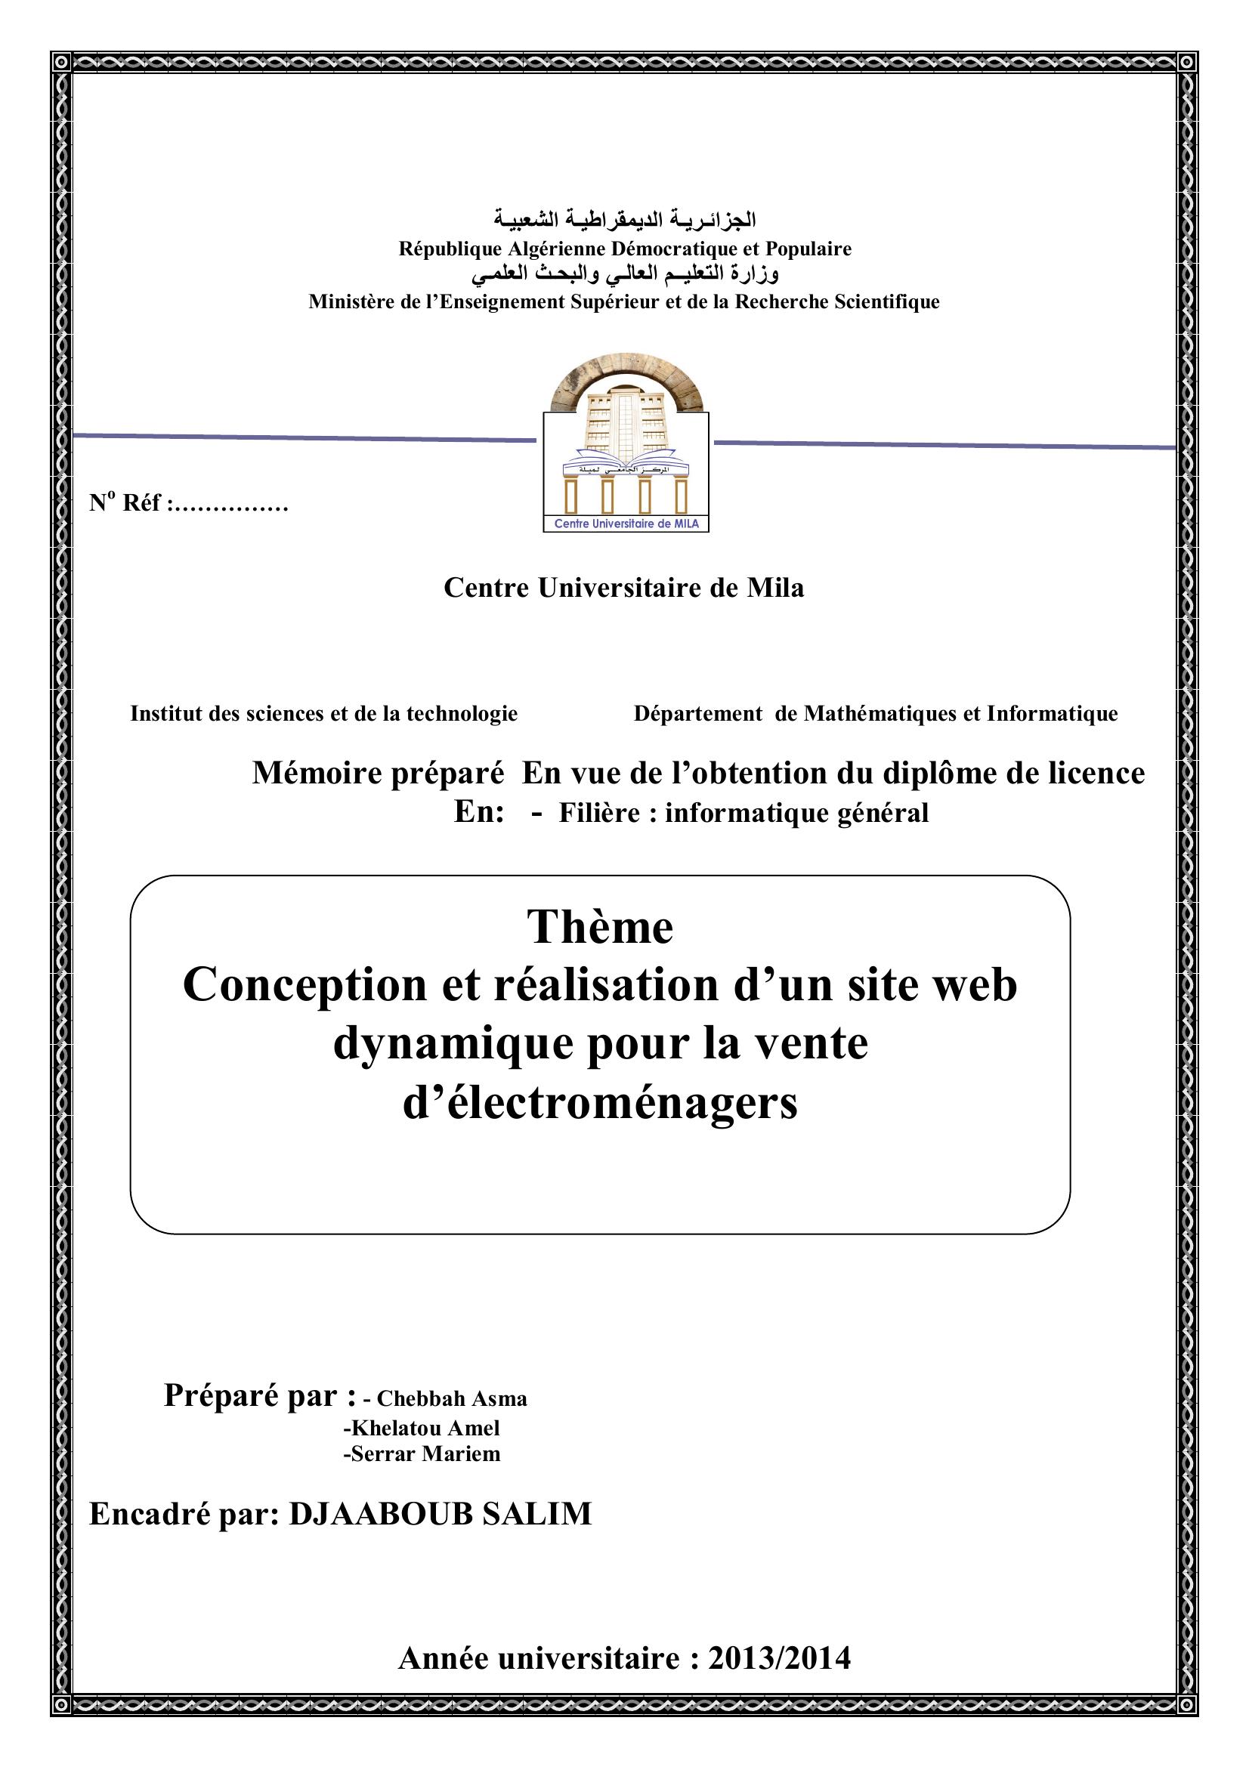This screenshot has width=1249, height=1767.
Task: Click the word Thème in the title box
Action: (x=599, y=928)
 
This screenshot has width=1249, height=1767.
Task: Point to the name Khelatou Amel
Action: (x=422, y=1429)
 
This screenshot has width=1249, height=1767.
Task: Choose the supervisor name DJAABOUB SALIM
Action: (x=441, y=1515)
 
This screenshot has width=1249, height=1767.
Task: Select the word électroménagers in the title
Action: (x=600, y=1104)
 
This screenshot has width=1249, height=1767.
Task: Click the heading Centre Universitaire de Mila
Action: (x=624, y=588)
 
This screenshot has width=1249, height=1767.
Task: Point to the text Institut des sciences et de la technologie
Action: (x=324, y=714)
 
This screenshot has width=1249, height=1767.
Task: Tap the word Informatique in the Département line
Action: (x=1052, y=714)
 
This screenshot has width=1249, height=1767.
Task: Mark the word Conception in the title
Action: (x=305, y=985)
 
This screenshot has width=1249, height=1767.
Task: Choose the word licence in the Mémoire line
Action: (x=1096, y=774)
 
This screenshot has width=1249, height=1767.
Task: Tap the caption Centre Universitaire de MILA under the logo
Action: (x=626, y=524)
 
